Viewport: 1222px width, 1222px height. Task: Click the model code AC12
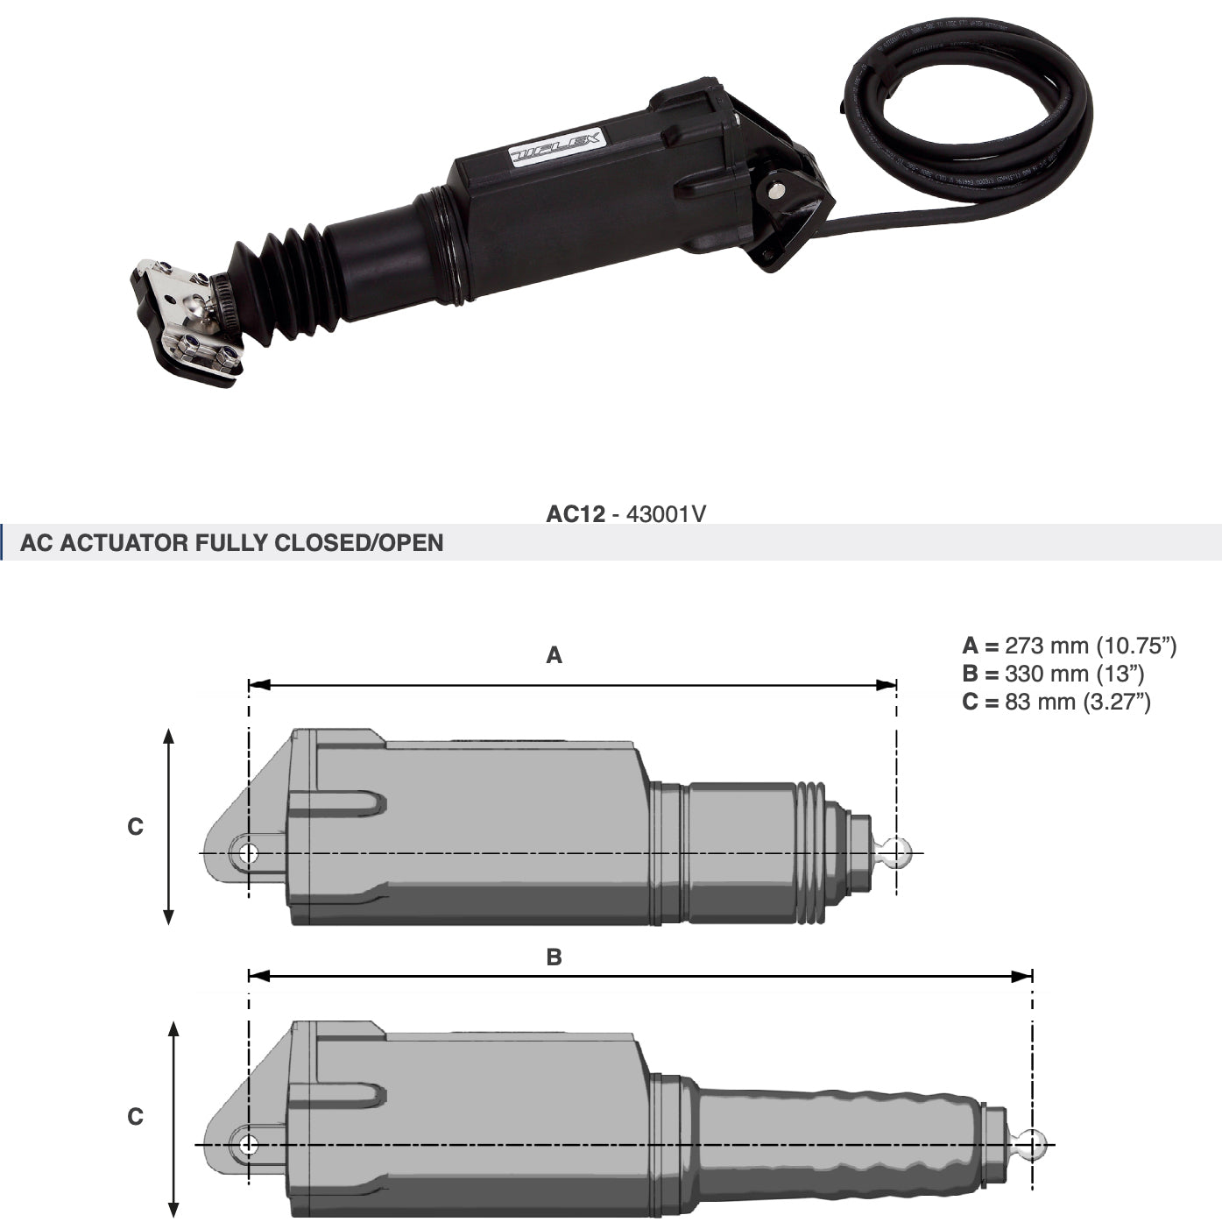point(575,514)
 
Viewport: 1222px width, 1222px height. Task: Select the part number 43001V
point(666,514)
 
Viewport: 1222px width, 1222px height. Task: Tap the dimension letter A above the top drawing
point(554,655)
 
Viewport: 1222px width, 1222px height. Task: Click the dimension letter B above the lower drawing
point(554,957)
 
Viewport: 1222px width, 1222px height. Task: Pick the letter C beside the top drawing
point(135,827)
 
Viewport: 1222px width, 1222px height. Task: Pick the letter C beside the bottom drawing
point(135,1117)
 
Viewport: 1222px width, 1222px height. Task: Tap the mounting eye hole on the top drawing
point(248,852)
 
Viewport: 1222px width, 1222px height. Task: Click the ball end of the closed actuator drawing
point(897,851)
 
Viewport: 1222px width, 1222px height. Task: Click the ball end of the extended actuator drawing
point(1033,1144)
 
